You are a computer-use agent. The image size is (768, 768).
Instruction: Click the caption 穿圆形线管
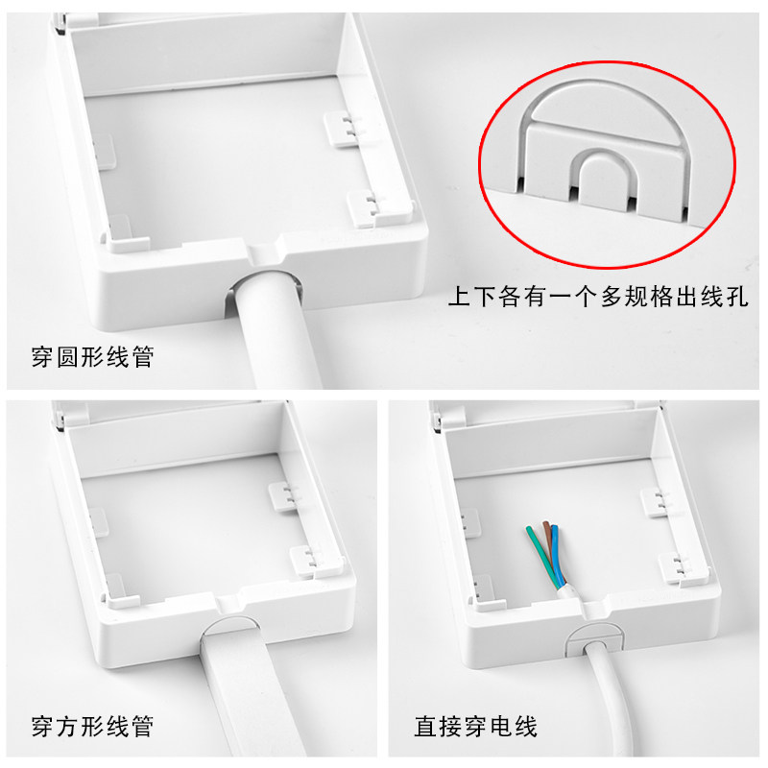(92, 356)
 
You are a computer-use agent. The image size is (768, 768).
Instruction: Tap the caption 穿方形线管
(92, 726)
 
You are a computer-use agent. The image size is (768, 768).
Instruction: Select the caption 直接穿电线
(475, 726)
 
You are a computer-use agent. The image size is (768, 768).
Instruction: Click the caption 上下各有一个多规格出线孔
(598, 297)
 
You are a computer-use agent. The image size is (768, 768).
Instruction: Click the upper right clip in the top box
(343, 129)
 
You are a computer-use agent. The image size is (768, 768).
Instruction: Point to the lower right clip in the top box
(368, 208)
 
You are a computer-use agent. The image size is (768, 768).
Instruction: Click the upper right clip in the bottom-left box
(285, 496)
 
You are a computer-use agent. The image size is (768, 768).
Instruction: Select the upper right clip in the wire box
(657, 502)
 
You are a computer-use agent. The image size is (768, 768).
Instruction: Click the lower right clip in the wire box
(676, 568)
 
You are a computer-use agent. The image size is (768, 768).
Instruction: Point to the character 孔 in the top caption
(736, 297)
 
